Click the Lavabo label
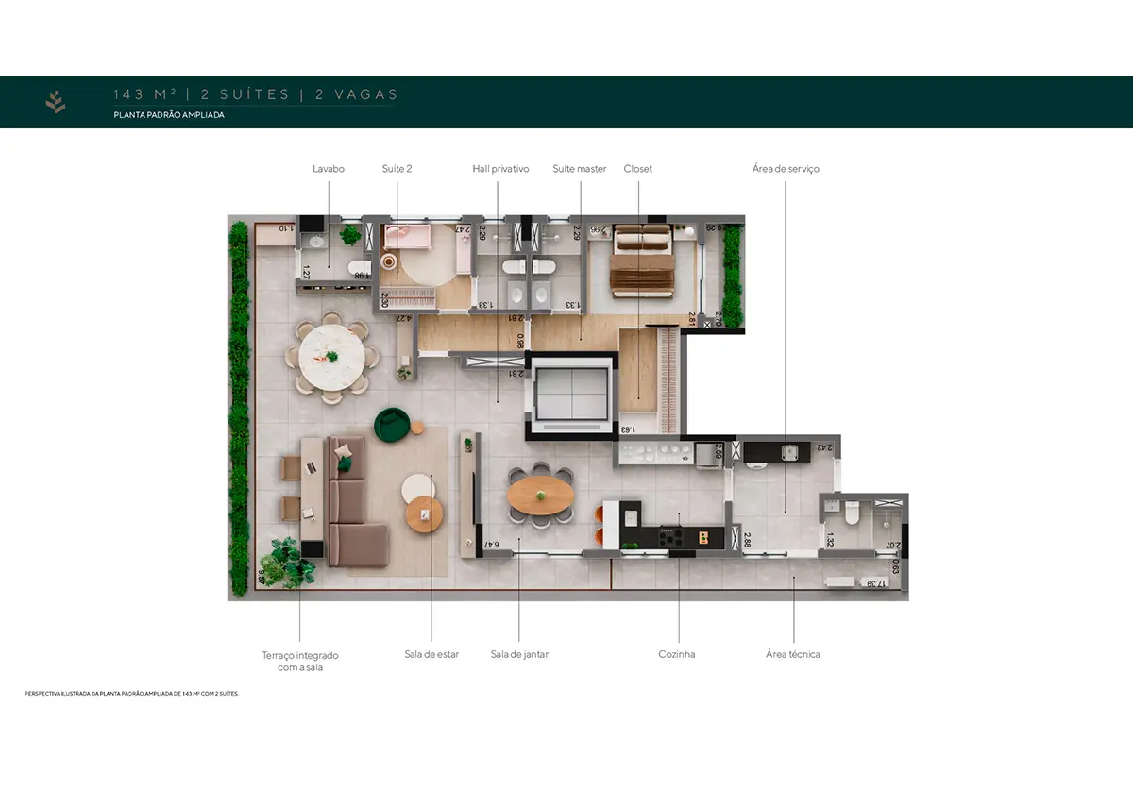[329, 169]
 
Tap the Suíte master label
[579, 169]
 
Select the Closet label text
[637, 169]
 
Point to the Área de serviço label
[786, 169]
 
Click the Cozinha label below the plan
[677, 654]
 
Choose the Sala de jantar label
[519, 654]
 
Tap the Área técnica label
[793, 654]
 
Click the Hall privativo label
[500, 169]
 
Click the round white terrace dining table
[330, 357]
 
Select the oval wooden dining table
[539, 495]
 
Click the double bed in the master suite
[641, 263]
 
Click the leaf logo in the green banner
[56, 102]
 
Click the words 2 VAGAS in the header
[356, 94]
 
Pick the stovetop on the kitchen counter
[671, 536]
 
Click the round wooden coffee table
[425, 514]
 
